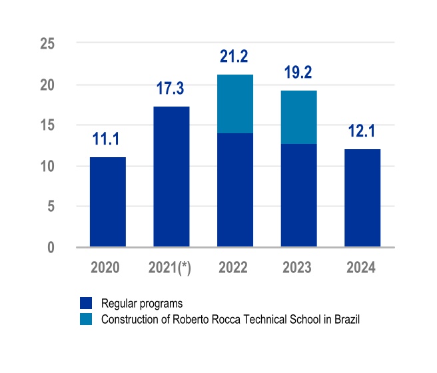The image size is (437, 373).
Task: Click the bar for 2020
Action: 108,202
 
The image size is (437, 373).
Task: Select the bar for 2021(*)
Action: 171,177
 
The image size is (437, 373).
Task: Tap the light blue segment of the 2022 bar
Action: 234,104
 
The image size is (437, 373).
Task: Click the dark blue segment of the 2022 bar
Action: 234,190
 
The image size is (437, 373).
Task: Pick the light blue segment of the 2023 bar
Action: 298,117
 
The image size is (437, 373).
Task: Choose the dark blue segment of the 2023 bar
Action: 298,196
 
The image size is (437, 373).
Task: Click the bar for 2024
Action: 362,198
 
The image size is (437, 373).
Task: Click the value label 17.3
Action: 171,89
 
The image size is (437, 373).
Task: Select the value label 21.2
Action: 234,57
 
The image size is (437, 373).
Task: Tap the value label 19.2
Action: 298,73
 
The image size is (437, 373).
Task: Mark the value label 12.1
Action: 362,131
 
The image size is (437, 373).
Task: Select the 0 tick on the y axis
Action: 51,247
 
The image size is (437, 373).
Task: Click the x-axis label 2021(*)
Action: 171,268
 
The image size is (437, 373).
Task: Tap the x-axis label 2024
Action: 362,268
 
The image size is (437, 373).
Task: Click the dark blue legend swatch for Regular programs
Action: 86,304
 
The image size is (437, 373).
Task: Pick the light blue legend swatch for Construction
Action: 86,320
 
